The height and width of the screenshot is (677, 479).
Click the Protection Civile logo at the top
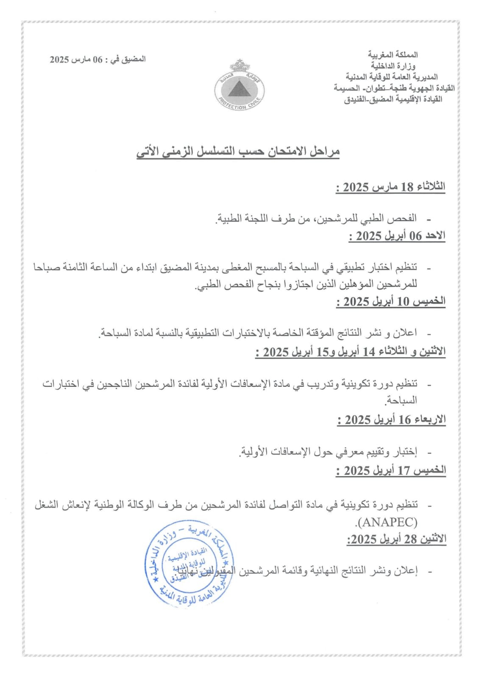tap(239, 87)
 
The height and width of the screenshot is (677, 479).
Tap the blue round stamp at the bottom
tap(189, 564)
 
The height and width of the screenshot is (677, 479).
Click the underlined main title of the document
tap(238, 152)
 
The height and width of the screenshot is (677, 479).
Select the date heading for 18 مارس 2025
tap(390, 187)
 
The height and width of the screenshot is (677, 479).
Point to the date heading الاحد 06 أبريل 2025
tap(397, 236)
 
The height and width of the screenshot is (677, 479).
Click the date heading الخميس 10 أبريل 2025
tap(391, 302)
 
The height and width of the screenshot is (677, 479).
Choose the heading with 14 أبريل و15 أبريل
tap(351, 352)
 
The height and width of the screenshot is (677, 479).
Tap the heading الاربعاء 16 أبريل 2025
tap(392, 420)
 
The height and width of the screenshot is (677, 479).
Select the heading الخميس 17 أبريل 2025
tap(391, 471)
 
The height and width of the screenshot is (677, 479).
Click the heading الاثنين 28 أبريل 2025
tap(396, 539)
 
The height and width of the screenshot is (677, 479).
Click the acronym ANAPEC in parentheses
tap(387, 522)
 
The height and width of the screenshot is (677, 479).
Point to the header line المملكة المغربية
tap(393, 55)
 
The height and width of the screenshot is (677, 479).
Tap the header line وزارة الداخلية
tap(393, 66)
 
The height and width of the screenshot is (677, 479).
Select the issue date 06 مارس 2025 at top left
tap(98, 59)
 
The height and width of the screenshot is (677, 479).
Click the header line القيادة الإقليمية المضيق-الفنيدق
tap(393, 99)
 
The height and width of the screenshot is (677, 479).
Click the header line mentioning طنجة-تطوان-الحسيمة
tap(394, 88)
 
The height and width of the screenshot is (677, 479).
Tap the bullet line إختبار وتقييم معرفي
tap(329, 452)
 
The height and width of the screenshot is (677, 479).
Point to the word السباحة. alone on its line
tap(401, 400)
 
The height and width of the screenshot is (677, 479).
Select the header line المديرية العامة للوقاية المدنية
tap(392, 77)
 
